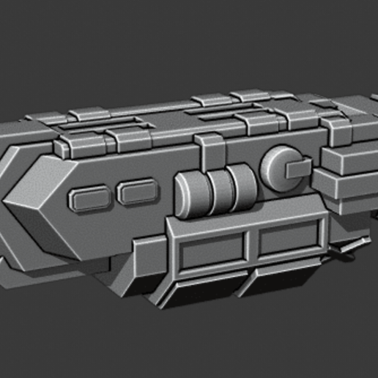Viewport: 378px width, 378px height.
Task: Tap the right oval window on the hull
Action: pyautogui.click(x=136, y=193)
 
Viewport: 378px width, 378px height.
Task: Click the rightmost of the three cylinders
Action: pyautogui.click(x=240, y=185)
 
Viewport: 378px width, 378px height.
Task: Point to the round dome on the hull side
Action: pyautogui.click(x=278, y=166)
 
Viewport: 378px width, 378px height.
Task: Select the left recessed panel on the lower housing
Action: pyautogui.click(x=212, y=251)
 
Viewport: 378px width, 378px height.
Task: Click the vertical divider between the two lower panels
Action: pyautogui.click(x=251, y=246)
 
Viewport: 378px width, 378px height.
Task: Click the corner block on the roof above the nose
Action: pyautogui.click(x=37, y=125)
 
